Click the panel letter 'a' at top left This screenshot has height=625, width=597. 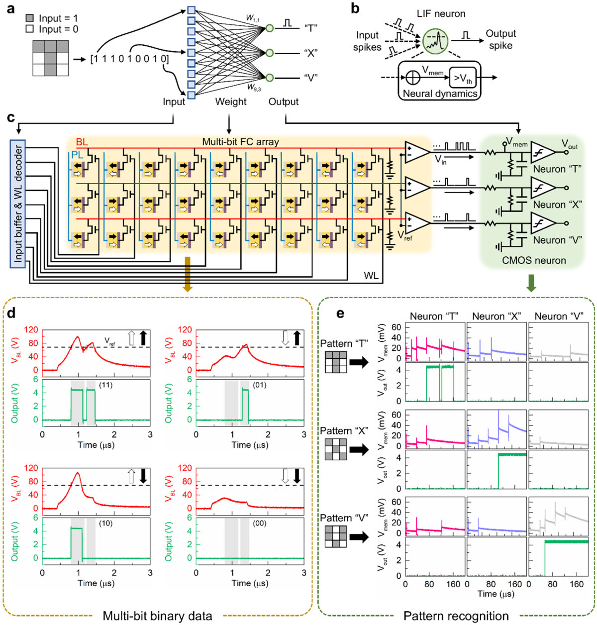10,9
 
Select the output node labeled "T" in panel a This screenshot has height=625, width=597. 269,28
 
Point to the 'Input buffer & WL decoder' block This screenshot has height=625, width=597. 18,205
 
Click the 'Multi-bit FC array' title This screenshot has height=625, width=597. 240,142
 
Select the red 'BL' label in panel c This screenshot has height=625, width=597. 82,142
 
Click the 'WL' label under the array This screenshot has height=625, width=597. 371,276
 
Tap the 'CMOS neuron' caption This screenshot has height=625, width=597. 534,260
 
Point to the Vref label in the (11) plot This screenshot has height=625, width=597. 110,340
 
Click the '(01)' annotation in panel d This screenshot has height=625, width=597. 260,385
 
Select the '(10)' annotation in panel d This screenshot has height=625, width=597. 105,523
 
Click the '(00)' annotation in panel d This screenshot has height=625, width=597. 260,523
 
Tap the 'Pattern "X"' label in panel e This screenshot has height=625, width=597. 344,431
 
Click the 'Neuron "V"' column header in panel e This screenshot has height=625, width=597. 558,316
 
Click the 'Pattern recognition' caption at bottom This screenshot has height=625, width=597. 456,616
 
